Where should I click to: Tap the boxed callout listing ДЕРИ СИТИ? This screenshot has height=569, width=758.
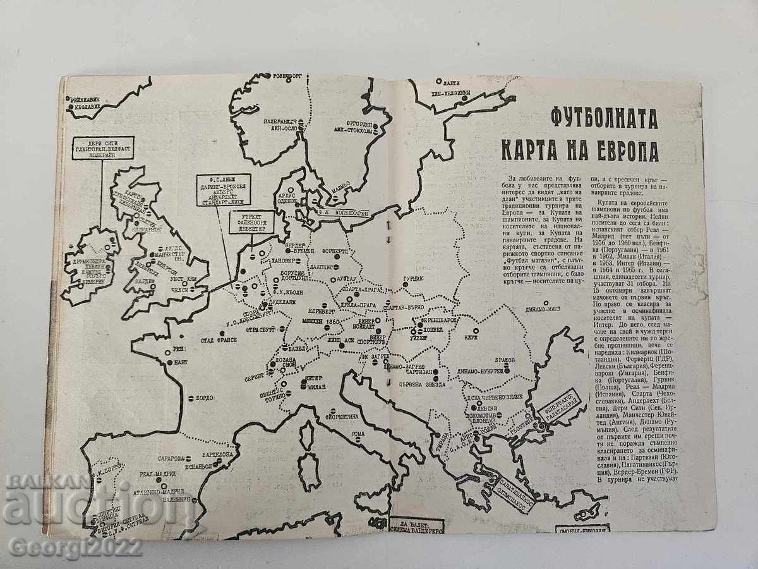click(102, 149)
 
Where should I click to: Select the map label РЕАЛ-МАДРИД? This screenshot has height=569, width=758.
click(162, 474)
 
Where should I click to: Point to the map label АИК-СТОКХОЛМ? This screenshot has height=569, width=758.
click(358, 128)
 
